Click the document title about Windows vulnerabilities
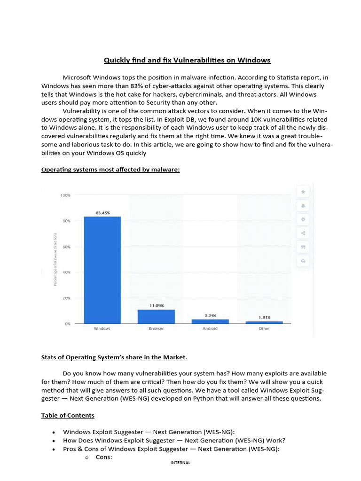187,60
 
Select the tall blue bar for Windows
102,270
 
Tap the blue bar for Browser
156,316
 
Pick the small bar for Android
210,321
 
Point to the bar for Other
264,322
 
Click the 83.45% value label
102,213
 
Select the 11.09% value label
157,306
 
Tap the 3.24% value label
210,316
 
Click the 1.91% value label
265,318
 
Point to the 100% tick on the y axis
65,195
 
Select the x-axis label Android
210,329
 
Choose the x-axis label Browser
156,329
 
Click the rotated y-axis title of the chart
55,259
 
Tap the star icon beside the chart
303,192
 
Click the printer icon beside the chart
303,261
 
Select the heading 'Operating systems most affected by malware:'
110,170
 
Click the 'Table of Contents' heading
68,415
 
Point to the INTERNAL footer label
180,463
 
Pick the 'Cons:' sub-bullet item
103,457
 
